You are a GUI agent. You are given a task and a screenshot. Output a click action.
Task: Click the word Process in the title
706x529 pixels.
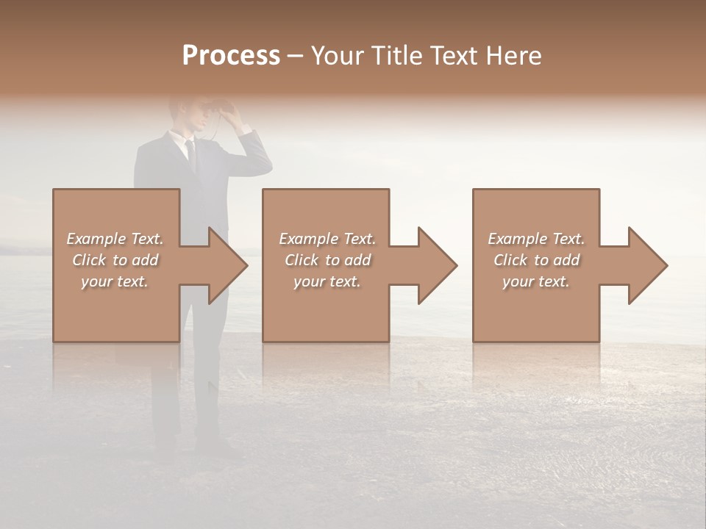(231, 56)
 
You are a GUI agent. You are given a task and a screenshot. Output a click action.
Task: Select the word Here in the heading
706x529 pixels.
(512, 56)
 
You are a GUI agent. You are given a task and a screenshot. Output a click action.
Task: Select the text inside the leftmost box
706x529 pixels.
(115, 260)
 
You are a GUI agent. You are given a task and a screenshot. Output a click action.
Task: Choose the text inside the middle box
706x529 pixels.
(327, 260)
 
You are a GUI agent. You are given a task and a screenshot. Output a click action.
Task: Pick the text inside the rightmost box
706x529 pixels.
(536, 260)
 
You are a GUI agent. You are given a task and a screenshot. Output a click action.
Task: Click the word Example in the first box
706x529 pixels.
(96, 239)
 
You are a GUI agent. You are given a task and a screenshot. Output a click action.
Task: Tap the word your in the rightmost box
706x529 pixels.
(518, 281)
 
